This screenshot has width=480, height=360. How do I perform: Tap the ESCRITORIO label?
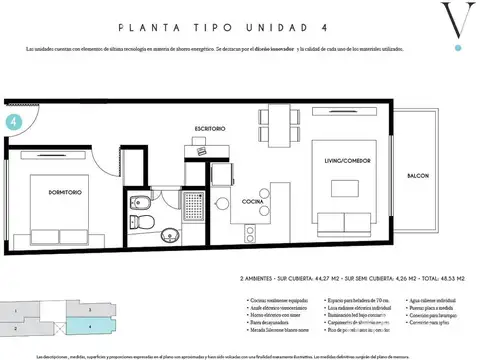pos(210,129)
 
